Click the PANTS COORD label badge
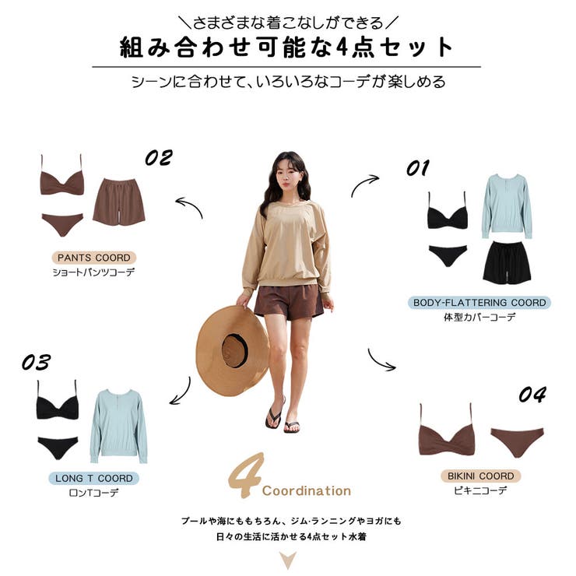[x=94, y=258]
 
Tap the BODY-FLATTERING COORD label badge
[x=479, y=303]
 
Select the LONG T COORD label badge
[x=93, y=478]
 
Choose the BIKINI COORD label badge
[x=481, y=476]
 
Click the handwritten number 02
[x=159, y=157]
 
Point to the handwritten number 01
[x=418, y=168]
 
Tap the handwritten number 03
[x=36, y=362]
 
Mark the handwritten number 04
[x=532, y=395]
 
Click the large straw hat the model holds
[x=233, y=351]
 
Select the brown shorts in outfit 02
[x=119, y=202]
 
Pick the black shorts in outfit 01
[x=508, y=262]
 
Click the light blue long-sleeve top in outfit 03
[x=118, y=426]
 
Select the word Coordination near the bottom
[x=307, y=491]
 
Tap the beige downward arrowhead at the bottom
[x=288, y=560]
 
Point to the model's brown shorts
[x=289, y=301]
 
